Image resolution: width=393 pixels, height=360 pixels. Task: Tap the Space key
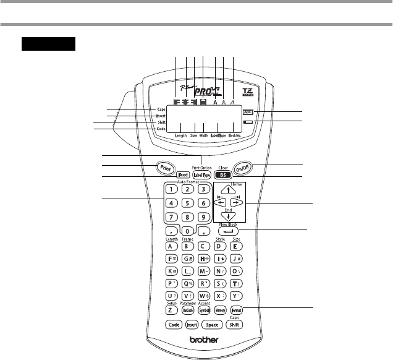tap(209, 324)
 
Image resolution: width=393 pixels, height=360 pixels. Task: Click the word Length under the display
tap(181, 134)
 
